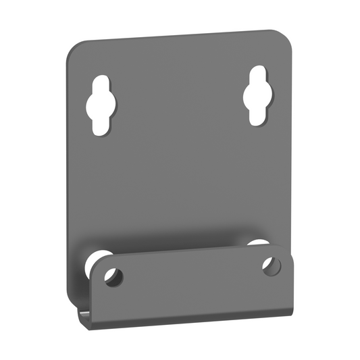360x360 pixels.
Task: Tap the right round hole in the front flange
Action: [x=271, y=265]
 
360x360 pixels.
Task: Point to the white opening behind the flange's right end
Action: [x=257, y=243]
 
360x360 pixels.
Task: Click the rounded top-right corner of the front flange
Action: [x=283, y=251]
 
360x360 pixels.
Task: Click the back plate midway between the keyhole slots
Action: [x=180, y=101]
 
